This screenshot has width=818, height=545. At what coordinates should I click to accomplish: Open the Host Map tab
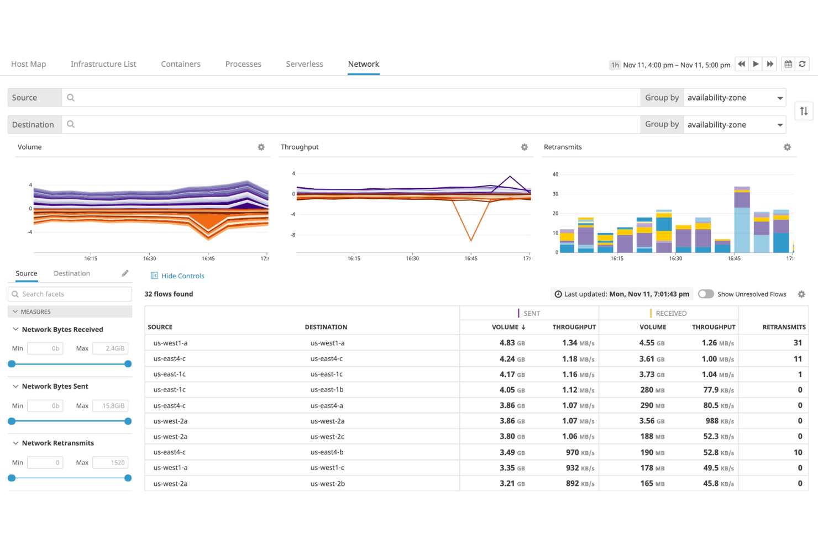[x=29, y=64]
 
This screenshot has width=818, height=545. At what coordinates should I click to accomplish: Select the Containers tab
[x=180, y=64]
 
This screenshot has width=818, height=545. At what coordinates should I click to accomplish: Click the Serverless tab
[x=304, y=64]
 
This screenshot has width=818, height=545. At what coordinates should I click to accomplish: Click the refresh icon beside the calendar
[x=802, y=64]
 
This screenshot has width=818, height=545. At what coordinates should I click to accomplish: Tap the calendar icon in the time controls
[x=788, y=64]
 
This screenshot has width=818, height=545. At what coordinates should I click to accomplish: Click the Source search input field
[x=354, y=98]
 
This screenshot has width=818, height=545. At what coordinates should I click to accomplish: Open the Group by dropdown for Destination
[x=734, y=125]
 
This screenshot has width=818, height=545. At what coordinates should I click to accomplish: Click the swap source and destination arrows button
[x=804, y=111]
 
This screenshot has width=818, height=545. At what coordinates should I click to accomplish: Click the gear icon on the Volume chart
[x=261, y=147]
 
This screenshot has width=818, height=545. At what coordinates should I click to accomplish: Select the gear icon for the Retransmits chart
[x=787, y=147]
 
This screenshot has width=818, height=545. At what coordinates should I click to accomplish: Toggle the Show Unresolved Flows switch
[x=705, y=294]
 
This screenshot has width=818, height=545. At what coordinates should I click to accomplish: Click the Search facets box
[x=70, y=294]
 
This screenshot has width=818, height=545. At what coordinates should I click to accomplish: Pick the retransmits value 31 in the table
[x=797, y=343]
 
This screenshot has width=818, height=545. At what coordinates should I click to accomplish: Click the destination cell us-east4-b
[x=327, y=452]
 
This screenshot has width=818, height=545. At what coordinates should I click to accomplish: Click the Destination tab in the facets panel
[x=72, y=274]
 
